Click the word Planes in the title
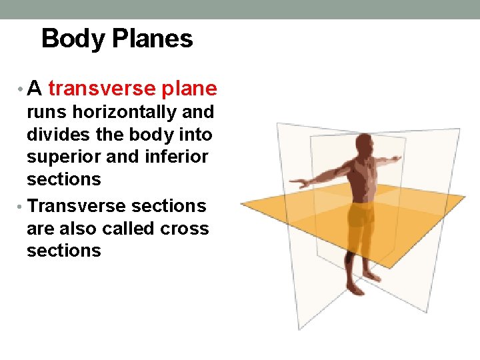[x=153, y=39]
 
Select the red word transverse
[x=100, y=88]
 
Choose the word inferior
[x=177, y=157]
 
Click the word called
[x=124, y=229]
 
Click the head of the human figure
[x=364, y=144]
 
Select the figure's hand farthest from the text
[x=397, y=159]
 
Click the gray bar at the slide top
[x=240, y=9]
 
